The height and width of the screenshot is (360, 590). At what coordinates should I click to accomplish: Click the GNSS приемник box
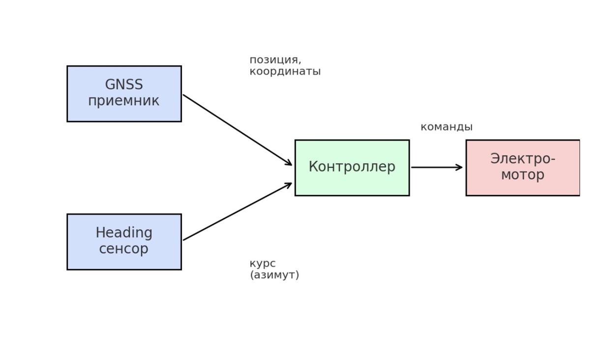pyautogui.click(x=124, y=93)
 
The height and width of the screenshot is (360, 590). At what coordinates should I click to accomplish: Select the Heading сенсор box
pyautogui.click(x=124, y=241)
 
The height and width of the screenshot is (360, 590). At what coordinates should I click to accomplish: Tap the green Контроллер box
pyautogui.click(x=352, y=168)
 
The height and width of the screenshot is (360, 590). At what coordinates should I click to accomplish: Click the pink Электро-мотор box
pyautogui.click(x=523, y=168)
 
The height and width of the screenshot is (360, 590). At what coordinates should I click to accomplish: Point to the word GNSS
pyautogui.click(x=124, y=85)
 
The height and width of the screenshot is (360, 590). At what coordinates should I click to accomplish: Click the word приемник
pyautogui.click(x=124, y=101)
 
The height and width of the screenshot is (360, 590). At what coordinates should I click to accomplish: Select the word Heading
pyautogui.click(x=124, y=233)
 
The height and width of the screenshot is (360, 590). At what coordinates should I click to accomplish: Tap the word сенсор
pyautogui.click(x=124, y=249)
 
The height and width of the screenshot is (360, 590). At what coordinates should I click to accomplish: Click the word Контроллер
pyautogui.click(x=352, y=167)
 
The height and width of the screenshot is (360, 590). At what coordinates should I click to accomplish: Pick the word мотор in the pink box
pyautogui.click(x=523, y=175)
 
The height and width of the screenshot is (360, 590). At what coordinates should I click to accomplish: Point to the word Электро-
pyautogui.click(x=523, y=159)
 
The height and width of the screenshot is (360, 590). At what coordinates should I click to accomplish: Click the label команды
pyautogui.click(x=446, y=127)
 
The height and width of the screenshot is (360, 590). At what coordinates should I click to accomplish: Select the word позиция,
pyautogui.click(x=275, y=60)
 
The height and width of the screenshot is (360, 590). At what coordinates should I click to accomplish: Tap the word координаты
pyautogui.click(x=285, y=72)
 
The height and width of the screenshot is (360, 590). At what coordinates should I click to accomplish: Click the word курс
pyautogui.click(x=263, y=264)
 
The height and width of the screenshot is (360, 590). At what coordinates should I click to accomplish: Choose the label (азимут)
pyautogui.click(x=274, y=275)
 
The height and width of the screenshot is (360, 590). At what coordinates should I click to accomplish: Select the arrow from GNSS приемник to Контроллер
pyautogui.click(x=237, y=130)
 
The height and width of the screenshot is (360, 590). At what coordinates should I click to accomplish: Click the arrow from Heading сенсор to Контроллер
pyautogui.click(x=237, y=211)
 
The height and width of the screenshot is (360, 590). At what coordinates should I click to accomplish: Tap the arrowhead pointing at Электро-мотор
pyautogui.click(x=459, y=168)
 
